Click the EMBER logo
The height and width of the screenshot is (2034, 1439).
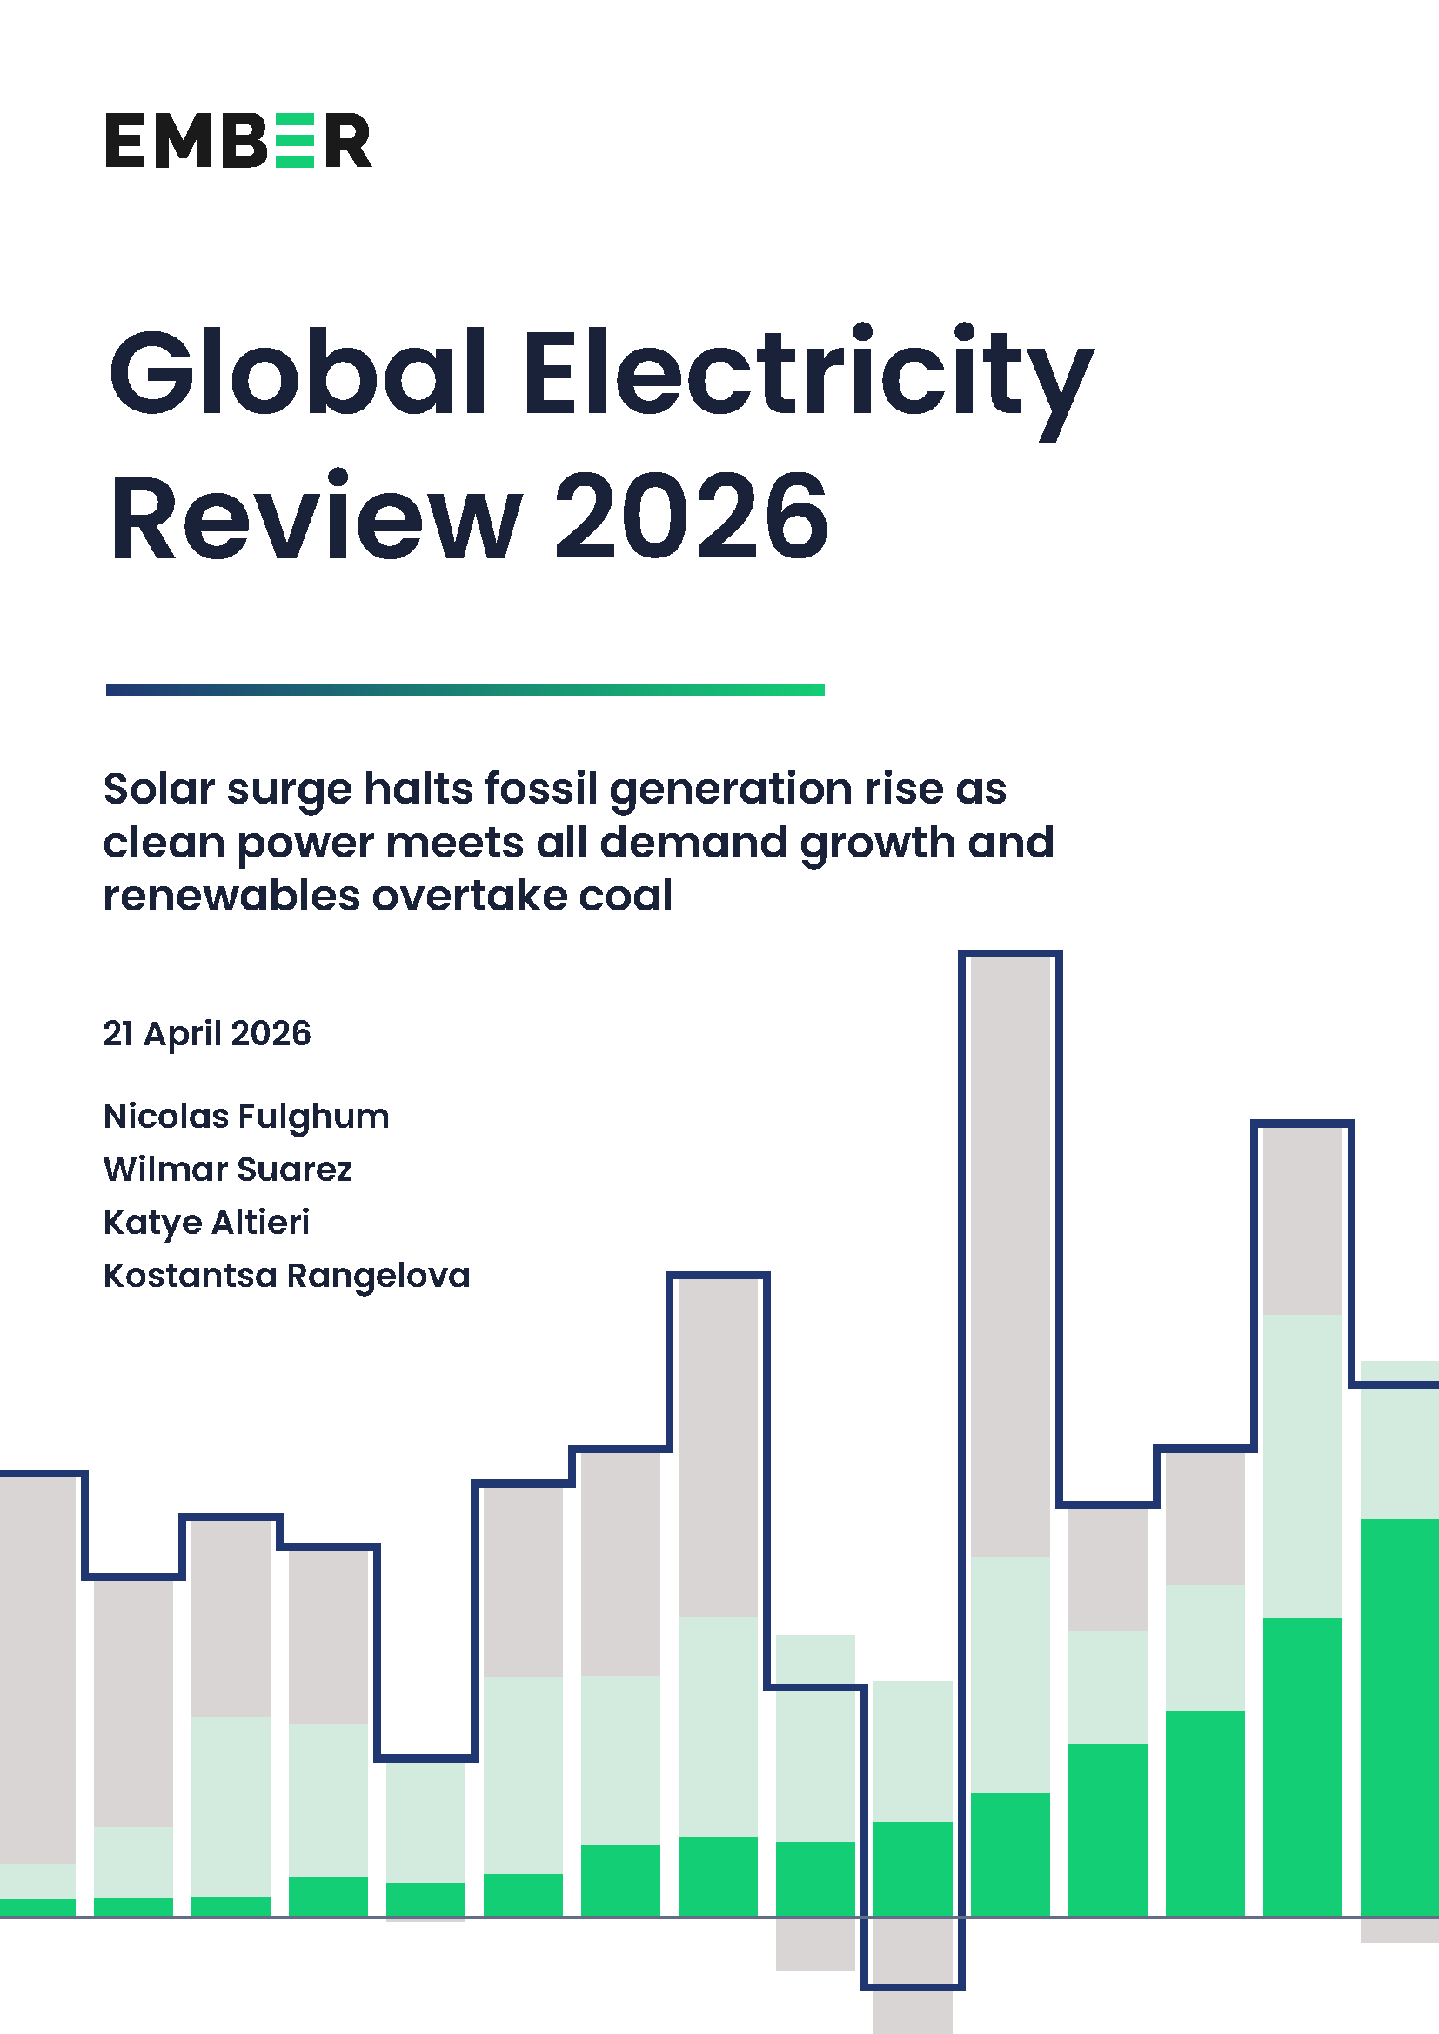click(x=238, y=140)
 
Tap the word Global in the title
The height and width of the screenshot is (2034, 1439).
click(x=297, y=372)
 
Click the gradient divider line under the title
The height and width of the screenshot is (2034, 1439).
click(x=465, y=690)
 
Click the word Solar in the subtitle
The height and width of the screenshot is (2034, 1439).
click(x=159, y=789)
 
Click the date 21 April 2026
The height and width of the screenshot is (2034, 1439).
click(x=207, y=1034)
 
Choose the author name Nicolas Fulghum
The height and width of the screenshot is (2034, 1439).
click(x=246, y=1117)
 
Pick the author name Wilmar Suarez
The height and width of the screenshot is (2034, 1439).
click(x=228, y=1170)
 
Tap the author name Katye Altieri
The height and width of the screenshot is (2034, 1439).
click(x=206, y=1223)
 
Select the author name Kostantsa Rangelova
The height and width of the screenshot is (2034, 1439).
click(x=286, y=1276)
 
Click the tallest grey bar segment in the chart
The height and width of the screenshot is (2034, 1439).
click(x=1010, y=1258)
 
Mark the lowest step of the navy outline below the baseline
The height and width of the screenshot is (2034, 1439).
click(x=913, y=1987)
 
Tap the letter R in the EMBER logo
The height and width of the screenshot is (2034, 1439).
click(x=348, y=140)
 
